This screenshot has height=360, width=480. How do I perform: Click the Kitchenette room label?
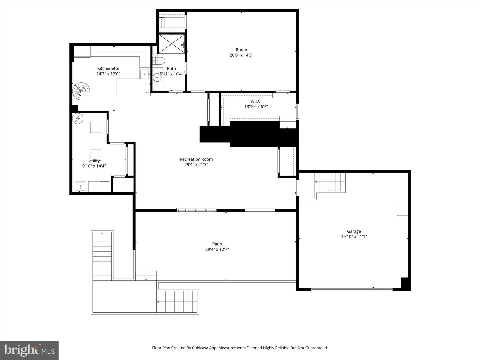108,68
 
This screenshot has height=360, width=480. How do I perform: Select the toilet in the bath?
159,61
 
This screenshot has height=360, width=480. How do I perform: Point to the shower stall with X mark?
171,44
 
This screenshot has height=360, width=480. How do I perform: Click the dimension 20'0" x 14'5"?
241,55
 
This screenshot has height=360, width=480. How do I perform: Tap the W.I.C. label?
256,101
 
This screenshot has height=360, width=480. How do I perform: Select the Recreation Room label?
196,159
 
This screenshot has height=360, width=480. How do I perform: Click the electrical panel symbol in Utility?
78,119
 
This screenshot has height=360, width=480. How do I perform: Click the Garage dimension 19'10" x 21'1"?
354,237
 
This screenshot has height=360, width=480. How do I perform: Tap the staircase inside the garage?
330,182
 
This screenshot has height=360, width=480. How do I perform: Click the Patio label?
217,244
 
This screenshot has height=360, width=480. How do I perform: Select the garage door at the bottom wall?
352,289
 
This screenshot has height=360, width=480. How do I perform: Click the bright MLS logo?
29,350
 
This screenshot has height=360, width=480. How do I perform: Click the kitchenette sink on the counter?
145,74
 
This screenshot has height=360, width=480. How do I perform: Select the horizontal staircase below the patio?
177,302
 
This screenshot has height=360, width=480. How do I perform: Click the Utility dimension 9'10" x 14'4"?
94,166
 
